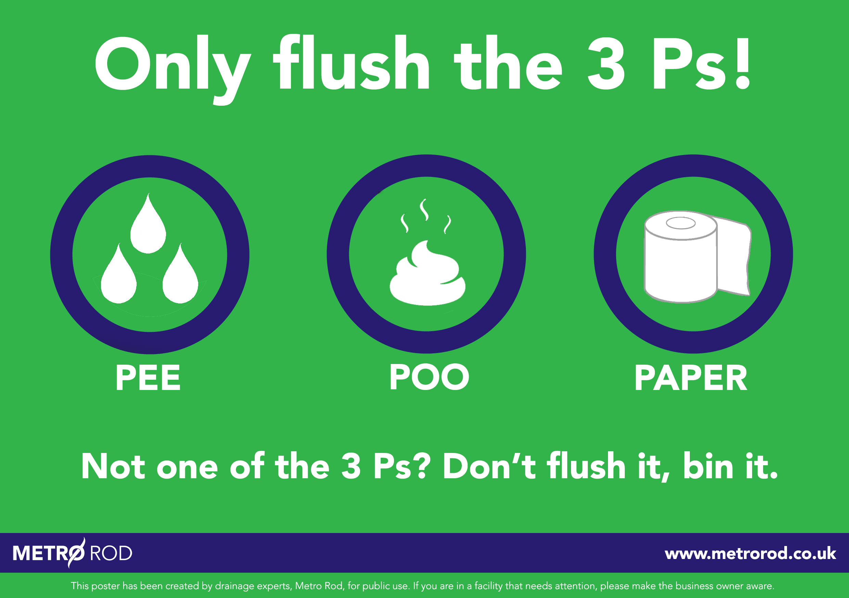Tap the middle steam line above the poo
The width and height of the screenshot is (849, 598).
424,210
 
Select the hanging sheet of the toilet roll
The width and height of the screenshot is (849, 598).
734,259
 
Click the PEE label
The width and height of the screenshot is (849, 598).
148,378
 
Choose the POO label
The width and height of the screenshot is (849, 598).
429,377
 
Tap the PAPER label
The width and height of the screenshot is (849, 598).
691,378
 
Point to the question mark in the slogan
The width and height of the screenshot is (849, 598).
422,466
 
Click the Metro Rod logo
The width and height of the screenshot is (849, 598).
73,553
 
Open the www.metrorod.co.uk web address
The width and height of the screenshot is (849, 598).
750,553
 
